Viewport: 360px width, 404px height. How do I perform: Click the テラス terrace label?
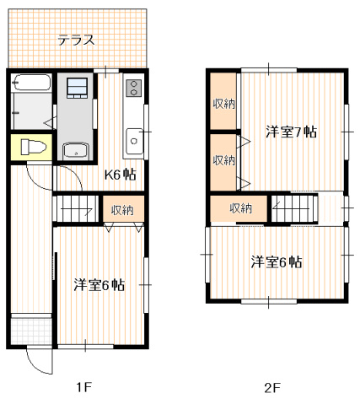tap(75, 40)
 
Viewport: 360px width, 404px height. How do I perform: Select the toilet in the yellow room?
tap(31, 146)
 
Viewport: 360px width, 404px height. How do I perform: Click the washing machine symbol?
tap(77, 89)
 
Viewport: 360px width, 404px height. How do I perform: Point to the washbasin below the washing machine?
tap(76, 150)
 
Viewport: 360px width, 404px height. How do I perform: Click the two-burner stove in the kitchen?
tap(133, 87)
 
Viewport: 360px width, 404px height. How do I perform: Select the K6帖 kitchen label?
tap(120, 175)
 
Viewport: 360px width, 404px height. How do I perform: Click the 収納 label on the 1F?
tap(122, 209)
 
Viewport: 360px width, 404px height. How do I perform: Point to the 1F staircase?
tap(77, 208)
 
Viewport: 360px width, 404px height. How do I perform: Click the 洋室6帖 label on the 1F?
tap(99, 285)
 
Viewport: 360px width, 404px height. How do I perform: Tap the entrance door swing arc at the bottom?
tap(38, 362)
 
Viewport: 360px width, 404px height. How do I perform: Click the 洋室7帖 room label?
tap(291, 132)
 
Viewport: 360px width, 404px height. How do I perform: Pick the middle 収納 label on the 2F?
tap(223, 160)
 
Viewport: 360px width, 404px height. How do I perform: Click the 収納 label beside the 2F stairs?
tap(240, 208)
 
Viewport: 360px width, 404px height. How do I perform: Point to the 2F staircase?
tap(294, 207)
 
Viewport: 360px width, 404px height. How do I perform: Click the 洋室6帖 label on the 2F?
tap(276, 261)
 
